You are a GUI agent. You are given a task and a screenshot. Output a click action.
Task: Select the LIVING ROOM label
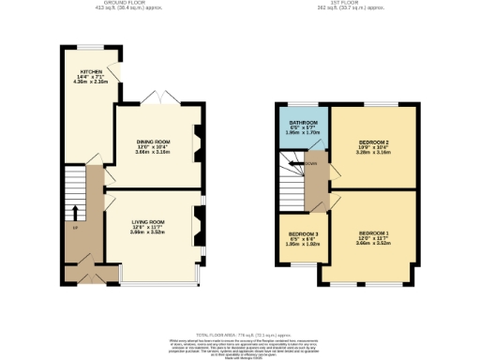149,221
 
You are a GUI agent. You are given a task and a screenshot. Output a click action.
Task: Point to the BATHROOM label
303,123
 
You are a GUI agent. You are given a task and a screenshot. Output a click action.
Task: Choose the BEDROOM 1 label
372,232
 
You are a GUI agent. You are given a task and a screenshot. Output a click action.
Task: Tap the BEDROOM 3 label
303,232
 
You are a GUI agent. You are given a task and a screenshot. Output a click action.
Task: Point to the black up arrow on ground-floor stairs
75,211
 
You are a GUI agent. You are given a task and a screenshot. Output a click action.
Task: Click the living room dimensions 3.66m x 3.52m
149,232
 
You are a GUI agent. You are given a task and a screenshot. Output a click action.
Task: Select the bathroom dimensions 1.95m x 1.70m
303,133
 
